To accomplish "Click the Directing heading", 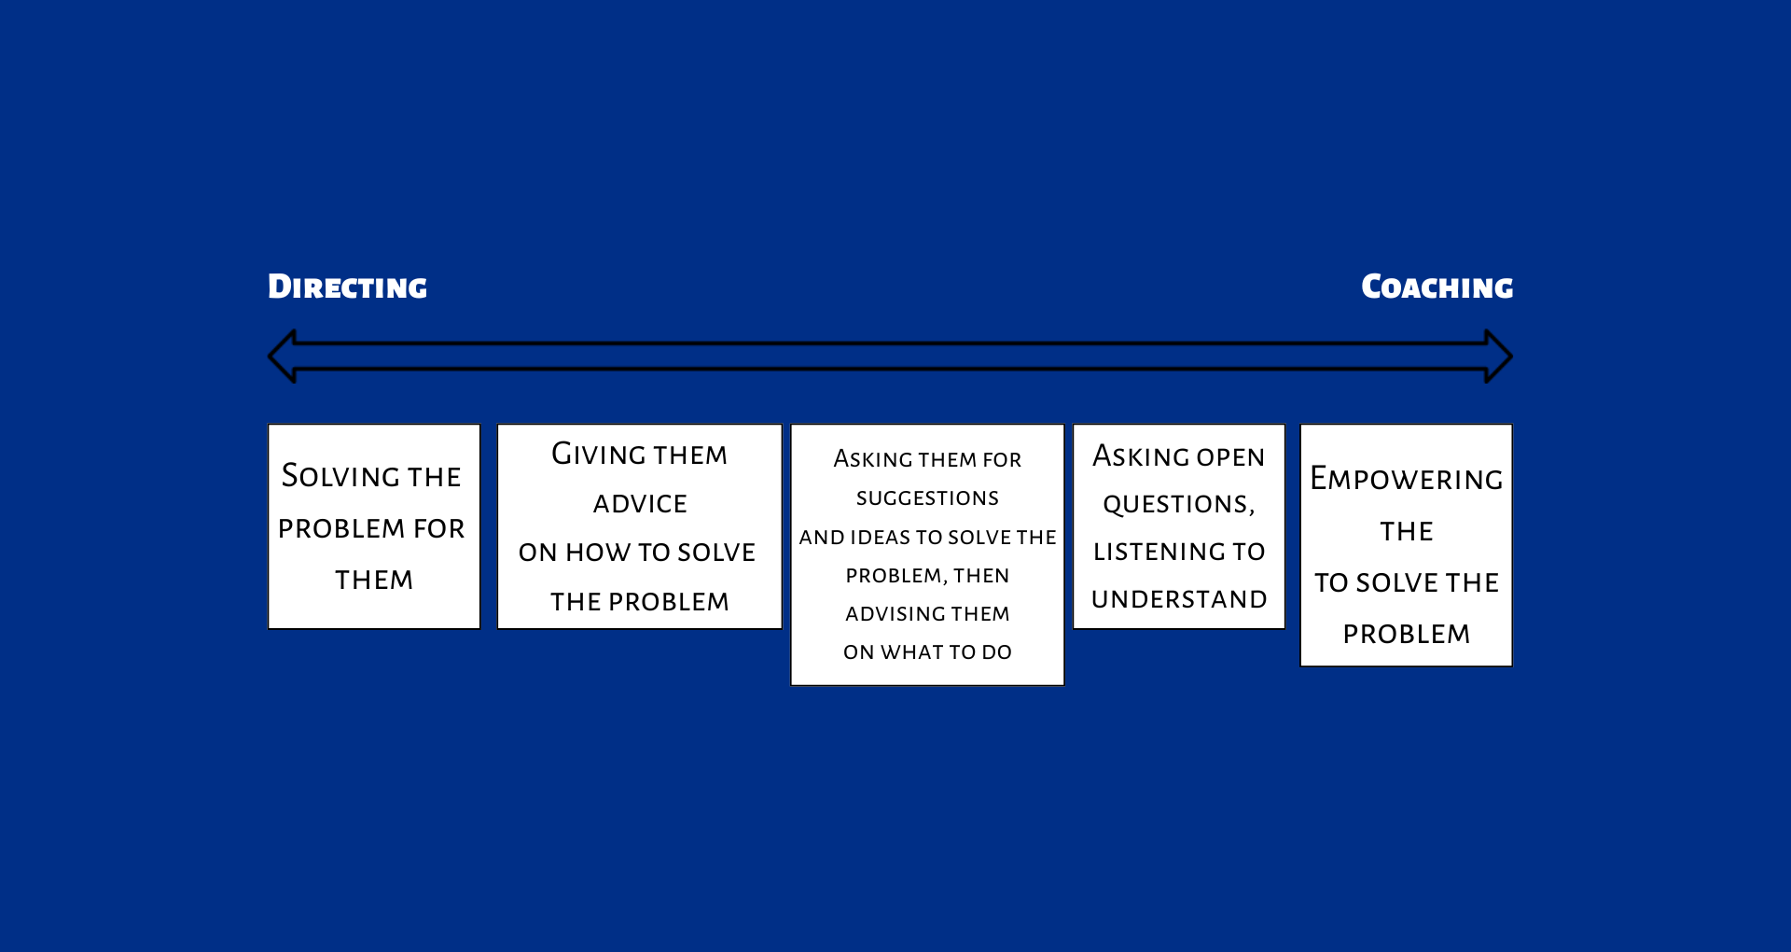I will point(347,287).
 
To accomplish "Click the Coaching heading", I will point(1437,287).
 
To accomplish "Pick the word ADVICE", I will point(640,504).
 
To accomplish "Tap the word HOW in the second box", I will point(598,553).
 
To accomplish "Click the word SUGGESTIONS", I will point(927,498).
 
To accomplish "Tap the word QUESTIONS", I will point(1178,505).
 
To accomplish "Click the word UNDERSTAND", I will point(1179,599).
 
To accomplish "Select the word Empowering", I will point(1406,480).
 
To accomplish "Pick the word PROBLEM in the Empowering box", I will point(1406,635).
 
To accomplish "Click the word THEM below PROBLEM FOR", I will point(374,581).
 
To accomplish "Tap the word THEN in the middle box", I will point(981,576).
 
